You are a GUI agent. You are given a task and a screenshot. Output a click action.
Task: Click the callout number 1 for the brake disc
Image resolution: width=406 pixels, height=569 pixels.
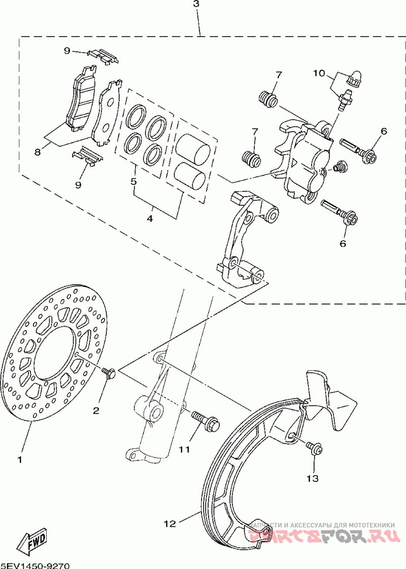click(20, 460)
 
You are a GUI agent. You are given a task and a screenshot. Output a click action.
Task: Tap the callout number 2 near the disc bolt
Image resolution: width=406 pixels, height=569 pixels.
click(96, 410)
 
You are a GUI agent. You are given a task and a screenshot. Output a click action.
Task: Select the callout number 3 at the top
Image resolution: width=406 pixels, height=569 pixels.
click(196, 4)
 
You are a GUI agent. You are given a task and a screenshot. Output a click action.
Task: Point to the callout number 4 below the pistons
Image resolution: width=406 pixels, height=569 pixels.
click(150, 219)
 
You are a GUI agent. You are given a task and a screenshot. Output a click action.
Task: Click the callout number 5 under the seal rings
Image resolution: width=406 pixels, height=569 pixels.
click(134, 181)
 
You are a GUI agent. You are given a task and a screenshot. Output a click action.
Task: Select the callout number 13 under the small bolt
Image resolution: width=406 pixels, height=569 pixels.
click(313, 478)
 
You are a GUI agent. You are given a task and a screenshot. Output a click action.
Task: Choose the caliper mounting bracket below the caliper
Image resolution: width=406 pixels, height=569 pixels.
click(244, 238)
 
